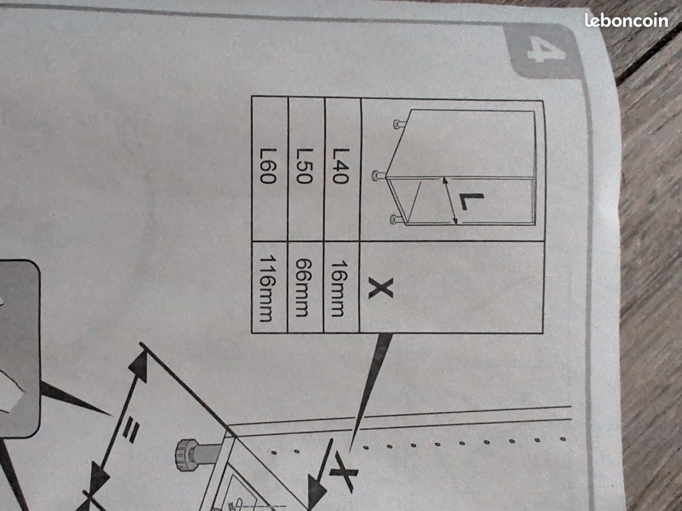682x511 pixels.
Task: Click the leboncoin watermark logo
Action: [626, 20]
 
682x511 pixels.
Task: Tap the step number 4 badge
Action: [544, 50]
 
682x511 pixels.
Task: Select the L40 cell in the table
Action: [342, 169]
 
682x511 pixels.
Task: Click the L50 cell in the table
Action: [306, 169]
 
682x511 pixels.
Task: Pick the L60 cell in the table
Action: [270, 169]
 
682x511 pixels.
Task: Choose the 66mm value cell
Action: [305, 287]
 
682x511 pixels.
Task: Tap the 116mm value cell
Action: [269, 287]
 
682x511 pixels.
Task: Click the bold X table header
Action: [381, 288]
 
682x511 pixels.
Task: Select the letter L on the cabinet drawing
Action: [470, 201]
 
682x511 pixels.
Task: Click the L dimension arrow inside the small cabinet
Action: [450, 201]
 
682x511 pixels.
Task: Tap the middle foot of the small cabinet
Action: [379, 176]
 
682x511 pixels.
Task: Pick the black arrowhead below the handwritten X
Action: [317, 491]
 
